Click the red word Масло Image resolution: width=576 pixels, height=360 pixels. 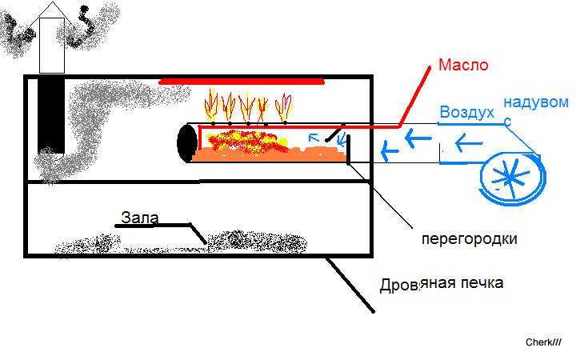pos(463,65)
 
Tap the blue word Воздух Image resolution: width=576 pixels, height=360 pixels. pos(466,112)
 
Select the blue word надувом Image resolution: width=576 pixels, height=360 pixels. pos(536,102)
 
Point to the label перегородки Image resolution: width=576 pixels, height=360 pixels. pos(469,239)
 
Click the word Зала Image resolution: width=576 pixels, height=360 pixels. pos(139,218)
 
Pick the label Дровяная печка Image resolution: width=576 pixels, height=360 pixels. pos(441,283)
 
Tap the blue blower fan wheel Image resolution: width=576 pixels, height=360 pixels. pos(513,179)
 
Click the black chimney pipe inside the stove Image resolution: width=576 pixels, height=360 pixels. pos(51,116)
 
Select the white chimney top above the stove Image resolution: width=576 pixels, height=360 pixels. pos(52,45)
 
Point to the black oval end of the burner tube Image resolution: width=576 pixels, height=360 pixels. pos(187,143)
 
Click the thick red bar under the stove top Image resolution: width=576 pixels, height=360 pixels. pos(242,81)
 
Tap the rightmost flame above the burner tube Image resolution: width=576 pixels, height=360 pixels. pos(283,107)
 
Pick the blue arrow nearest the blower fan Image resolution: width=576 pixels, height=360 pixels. pos(468,143)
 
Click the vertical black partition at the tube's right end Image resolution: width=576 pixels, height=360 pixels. pos(348,149)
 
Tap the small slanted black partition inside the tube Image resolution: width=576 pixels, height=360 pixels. pos(335,133)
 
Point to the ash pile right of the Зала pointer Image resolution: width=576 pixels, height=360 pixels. pos(256,242)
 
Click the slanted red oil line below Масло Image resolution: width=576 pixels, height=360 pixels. pos(414,97)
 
